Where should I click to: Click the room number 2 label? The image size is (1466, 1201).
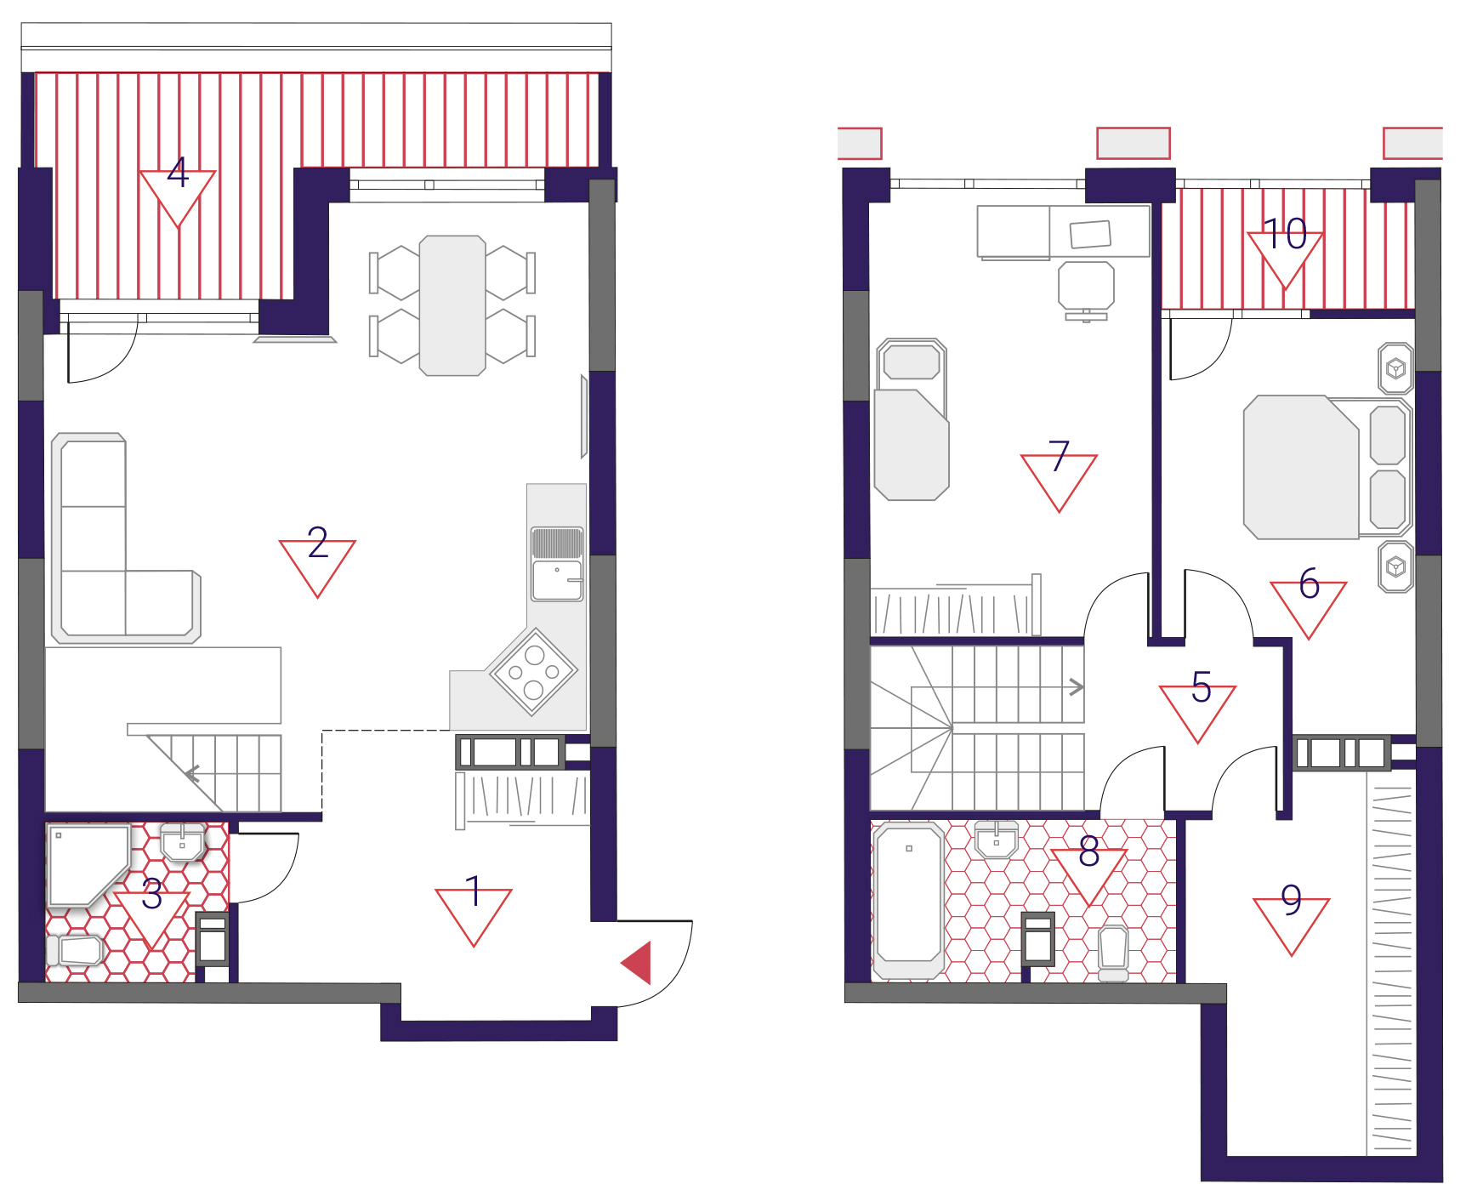tap(318, 543)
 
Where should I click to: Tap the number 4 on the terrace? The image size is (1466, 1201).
tap(178, 172)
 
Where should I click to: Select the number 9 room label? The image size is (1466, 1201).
tap(1291, 899)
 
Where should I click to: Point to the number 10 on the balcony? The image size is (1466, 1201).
tap(1284, 233)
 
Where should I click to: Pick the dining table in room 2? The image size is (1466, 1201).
tap(452, 305)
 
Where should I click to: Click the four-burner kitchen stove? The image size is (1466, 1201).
tap(533, 672)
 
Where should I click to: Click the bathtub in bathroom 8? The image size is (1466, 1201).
tap(908, 901)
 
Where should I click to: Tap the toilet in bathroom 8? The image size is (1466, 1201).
tap(1113, 953)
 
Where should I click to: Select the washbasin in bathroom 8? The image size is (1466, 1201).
tap(996, 839)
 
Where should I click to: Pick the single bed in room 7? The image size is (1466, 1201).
tap(912, 419)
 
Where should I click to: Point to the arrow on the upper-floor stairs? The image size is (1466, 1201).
tap(1076, 686)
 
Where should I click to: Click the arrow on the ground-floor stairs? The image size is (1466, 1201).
tap(193, 774)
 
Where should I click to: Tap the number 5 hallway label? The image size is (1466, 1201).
tap(1201, 687)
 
